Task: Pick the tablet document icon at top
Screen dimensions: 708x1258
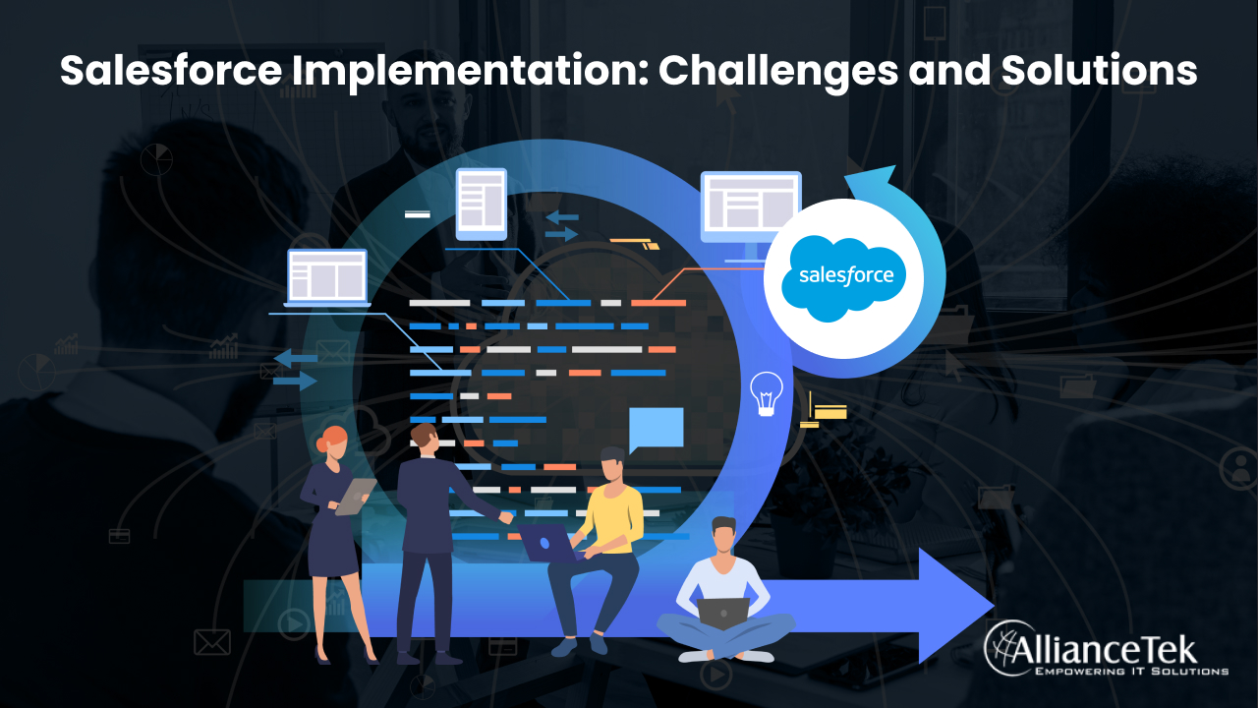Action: (481, 204)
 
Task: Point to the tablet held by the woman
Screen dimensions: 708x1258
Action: (355, 496)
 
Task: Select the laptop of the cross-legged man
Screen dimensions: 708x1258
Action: (723, 612)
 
